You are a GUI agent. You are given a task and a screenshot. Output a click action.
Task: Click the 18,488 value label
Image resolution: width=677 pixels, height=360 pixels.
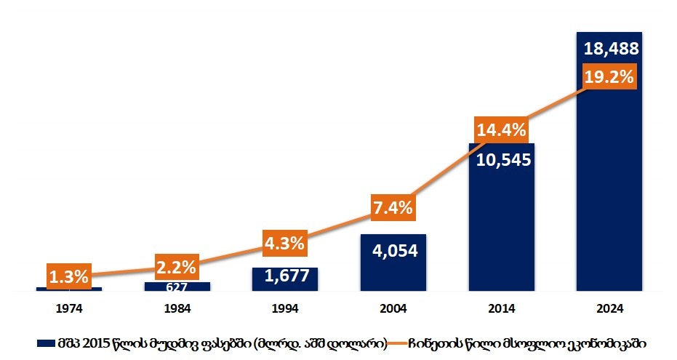[610, 49]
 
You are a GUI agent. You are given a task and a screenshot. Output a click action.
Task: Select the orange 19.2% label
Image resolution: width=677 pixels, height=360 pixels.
[610, 76]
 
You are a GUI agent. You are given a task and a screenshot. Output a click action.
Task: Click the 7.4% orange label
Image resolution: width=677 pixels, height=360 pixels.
[393, 208]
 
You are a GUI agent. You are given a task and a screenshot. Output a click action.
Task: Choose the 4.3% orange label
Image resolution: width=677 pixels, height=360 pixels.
[284, 243]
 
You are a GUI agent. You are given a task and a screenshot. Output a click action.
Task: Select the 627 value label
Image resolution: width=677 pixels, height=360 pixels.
[176, 287]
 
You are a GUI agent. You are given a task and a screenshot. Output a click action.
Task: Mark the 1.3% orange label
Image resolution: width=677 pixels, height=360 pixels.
[68, 276]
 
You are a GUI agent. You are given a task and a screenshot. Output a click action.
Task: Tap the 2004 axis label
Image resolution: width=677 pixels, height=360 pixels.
[393, 308]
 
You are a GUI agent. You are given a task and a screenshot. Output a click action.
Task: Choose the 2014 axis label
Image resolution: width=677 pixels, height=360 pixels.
[501, 308]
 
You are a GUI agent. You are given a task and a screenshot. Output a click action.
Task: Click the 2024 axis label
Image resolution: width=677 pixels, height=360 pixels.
[609, 308]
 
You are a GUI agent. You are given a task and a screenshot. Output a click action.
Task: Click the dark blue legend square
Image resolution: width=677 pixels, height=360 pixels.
[41, 342]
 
